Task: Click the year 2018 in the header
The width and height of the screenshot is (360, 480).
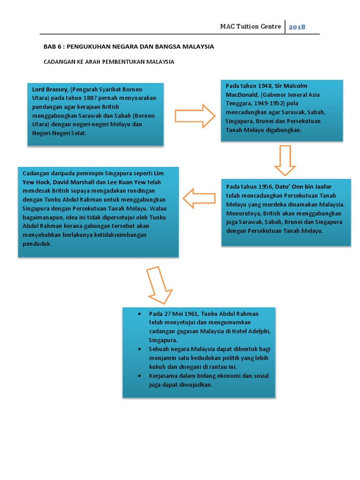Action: pyautogui.click(x=297, y=27)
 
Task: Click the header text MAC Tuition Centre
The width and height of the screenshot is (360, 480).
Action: pyautogui.click(x=250, y=26)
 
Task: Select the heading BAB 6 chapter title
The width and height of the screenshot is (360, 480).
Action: pyautogui.click(x=128, y=47)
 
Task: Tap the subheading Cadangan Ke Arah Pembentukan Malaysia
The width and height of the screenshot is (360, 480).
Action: pyautogui.click(x=109, y=61)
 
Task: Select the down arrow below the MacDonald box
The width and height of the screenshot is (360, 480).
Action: pyautogui.click(x=285, y=160)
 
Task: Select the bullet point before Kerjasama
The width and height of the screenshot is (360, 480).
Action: pyautogui.click(x=140, y=376)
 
